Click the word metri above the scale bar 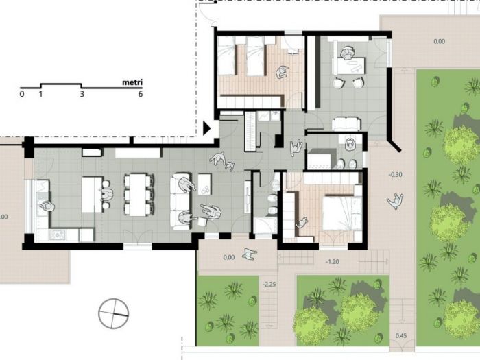[132, 82]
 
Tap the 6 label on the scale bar [141, 94]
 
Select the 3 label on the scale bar [82, 94]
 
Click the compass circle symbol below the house [113, 313]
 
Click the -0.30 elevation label [396, 175]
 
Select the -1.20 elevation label [332, 261]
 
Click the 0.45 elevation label [400, 335]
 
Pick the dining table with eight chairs [138, 194]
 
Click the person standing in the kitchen [47, 205]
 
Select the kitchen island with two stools [93, 194]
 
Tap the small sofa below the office [346, 123]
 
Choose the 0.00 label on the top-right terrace [440, 41]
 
